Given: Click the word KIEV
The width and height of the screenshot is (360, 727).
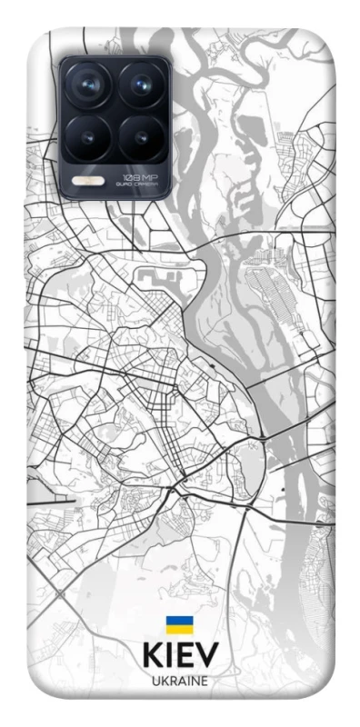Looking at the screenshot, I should point(180,658).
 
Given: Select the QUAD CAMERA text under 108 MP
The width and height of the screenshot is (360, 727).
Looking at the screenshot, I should point(140,184).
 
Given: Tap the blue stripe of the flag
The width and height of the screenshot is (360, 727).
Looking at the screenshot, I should point(179,621).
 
